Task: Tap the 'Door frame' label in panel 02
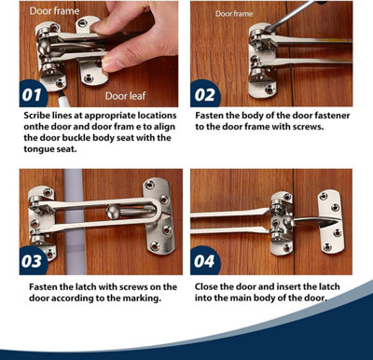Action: [x=235, y=14]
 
